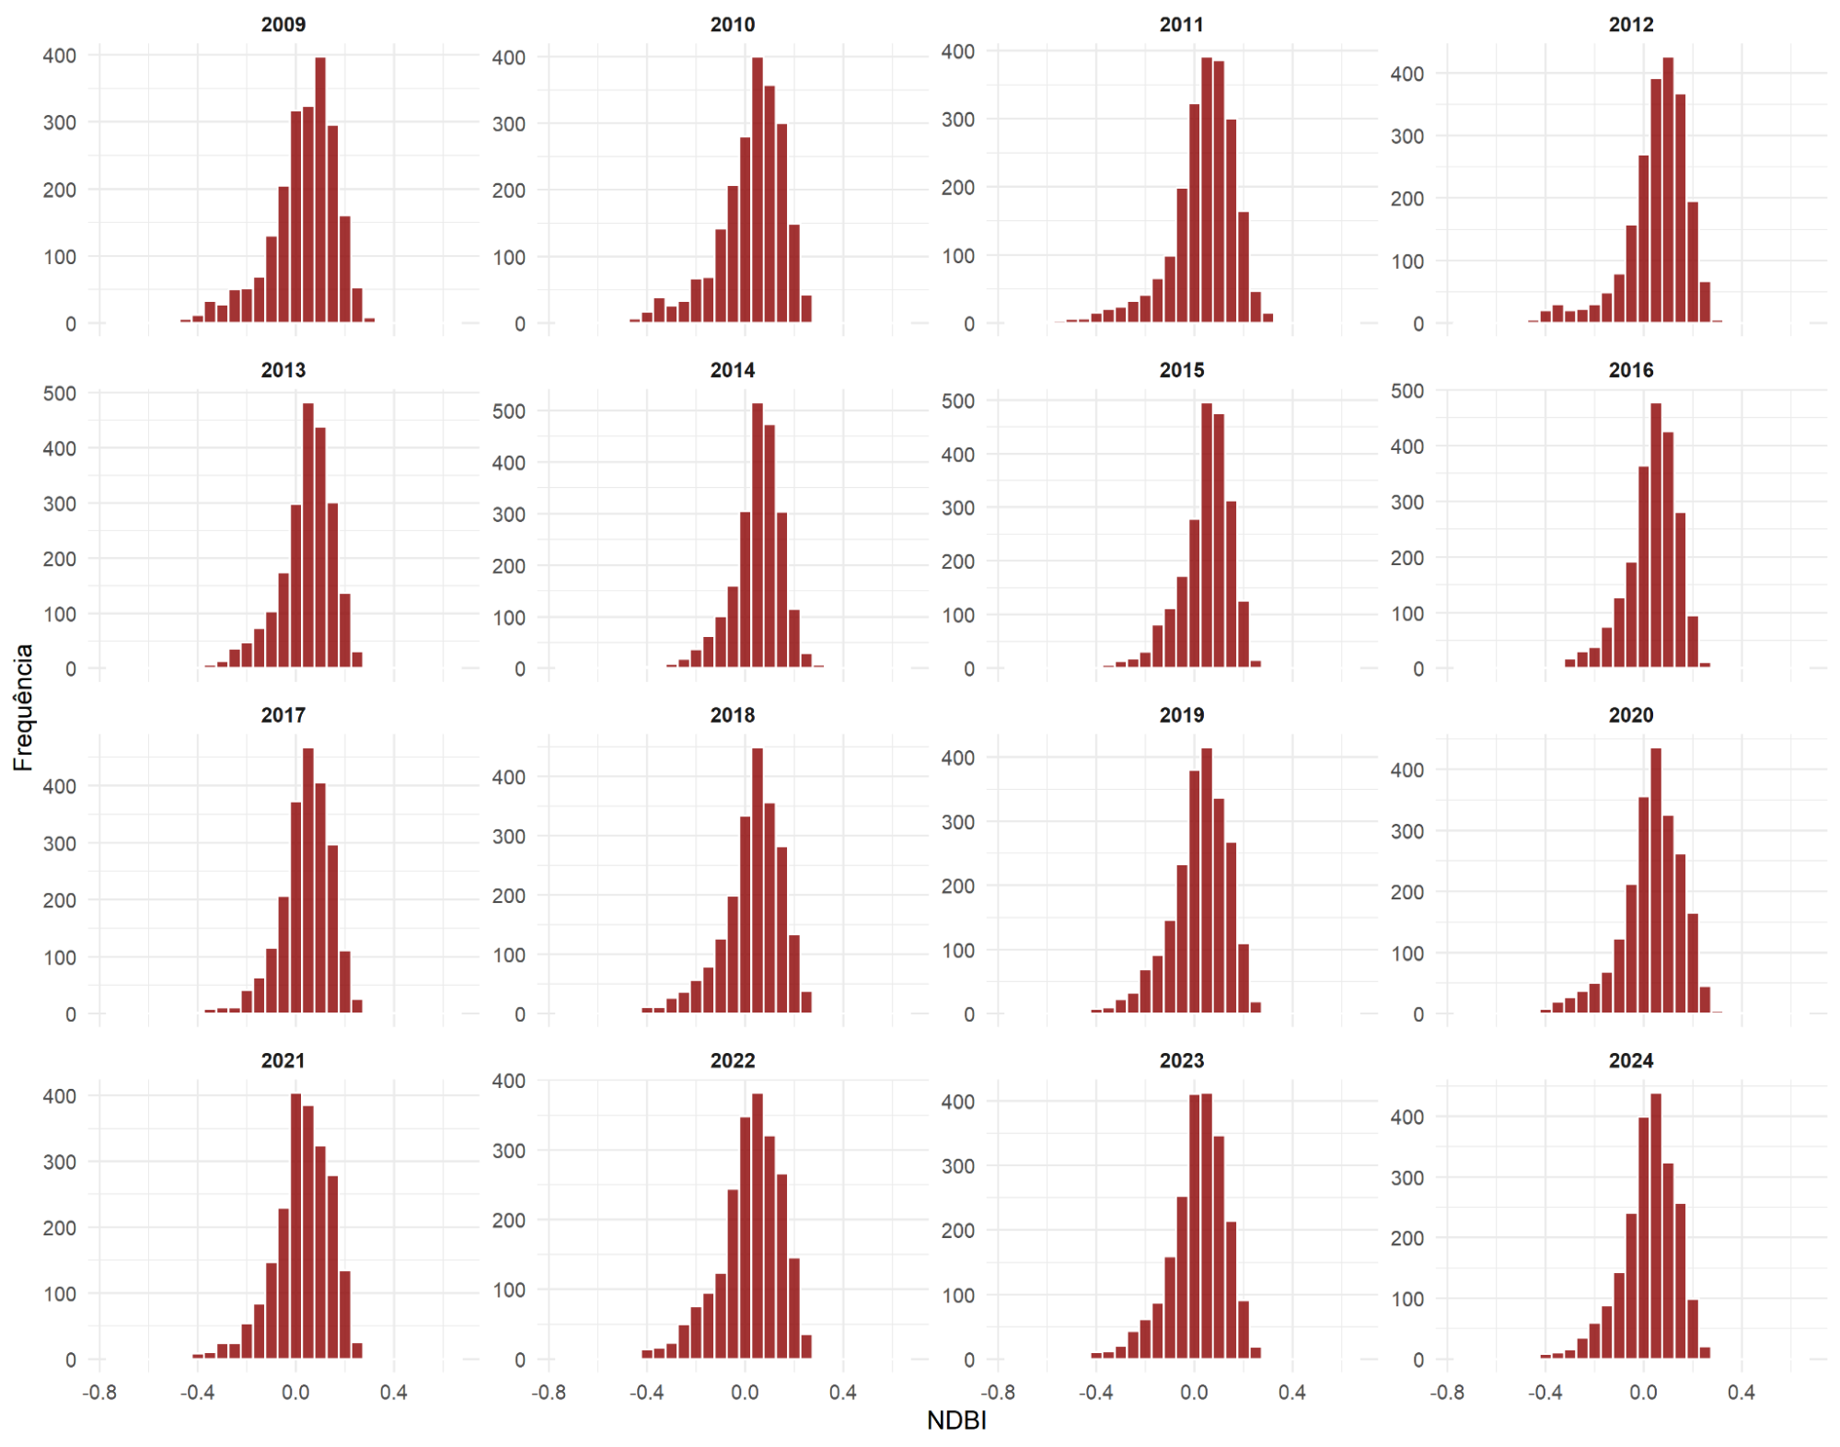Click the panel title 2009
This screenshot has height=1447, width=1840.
click(283, 25)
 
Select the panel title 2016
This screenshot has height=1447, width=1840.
click(1630, 370)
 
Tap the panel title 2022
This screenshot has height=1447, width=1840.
click(732, 1060)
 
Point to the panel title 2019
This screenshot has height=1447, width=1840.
click(1181, 715)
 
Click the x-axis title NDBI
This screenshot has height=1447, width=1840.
click(956, 1420)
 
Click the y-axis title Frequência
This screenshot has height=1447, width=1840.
click(23, 707)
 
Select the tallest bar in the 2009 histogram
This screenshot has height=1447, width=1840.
click(320, 189)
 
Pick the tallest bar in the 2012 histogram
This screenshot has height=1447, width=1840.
click(1668, 189)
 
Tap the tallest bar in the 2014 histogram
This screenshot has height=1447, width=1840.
click(758, 534)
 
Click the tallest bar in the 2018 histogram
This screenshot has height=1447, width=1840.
click(758, 879)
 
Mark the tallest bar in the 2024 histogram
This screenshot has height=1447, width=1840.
click(1656, 1224)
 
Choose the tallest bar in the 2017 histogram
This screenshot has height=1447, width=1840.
click(308, 879)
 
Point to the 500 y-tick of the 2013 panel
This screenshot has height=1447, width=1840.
click(60, 394)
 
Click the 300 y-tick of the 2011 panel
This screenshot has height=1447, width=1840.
click(958, 120)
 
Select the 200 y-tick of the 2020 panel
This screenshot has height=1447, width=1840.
click(1407, 892)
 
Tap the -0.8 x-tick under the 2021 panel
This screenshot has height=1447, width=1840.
click(99, 1392)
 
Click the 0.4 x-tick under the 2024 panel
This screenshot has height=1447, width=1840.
click(1741, 1392)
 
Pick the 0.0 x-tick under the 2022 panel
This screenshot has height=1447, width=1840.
click(745, 1392)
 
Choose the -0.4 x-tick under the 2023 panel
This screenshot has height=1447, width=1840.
click(1095, 1392)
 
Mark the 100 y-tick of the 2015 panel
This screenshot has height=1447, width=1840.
click(958, 615)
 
